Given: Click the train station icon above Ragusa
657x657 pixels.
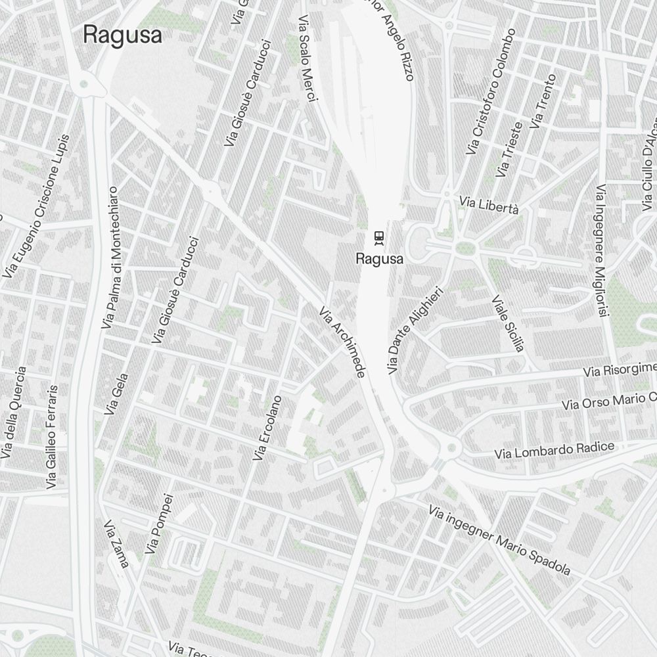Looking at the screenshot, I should pos(378,237).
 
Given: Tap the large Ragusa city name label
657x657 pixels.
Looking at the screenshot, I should pos(122,35).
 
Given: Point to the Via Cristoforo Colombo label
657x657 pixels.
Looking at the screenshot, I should pos(491,91).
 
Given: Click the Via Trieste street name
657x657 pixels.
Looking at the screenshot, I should pos(510,150).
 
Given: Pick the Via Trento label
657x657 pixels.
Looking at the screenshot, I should pos(543,101).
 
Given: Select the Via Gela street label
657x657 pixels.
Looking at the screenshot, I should pos(116,394).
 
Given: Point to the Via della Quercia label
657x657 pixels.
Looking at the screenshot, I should pos(14,412).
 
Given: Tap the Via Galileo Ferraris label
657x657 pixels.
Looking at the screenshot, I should pos(53,437).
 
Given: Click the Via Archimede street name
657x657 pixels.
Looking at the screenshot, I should pos(342,342).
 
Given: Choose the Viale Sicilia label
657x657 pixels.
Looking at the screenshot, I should pos(508,323).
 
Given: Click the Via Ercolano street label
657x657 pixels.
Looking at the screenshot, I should pos(268,427).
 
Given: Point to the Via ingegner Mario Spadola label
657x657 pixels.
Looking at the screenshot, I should pos(499,539).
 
